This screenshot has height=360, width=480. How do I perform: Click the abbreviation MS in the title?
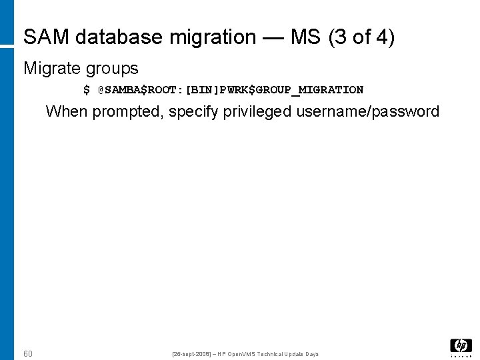coord(305,37)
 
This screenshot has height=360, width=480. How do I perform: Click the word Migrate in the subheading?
coord(51,68)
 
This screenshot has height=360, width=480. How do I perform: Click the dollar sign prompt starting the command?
coord(87,90)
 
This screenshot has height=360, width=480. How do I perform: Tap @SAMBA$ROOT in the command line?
coord(141,90)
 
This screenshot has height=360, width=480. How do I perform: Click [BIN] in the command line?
coord(205,90)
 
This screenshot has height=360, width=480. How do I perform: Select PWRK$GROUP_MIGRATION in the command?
coord(294,90)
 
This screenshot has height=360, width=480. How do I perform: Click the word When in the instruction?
coord(67,111)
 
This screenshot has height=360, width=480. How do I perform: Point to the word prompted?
coord(124,111)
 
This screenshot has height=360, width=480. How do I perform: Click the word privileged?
coord(257,111)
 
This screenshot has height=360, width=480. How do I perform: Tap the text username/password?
coord(367,111)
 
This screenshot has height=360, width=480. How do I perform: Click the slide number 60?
coord(27,353)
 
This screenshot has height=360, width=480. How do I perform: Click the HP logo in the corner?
coord(461,346)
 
